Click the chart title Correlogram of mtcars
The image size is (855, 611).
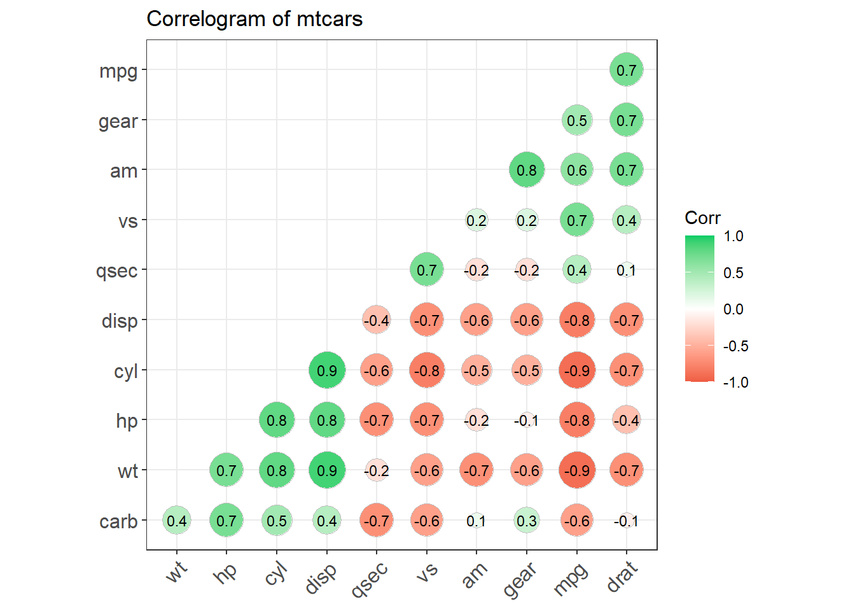click(254, 19)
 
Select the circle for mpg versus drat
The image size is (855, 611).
click(627, 69)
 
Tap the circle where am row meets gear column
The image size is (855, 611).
click(527, 169)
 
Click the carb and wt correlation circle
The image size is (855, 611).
click(177, 520)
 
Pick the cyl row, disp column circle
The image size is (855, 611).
click(327, 370)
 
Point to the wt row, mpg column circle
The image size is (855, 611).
click(577, 470)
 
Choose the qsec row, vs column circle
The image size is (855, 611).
click(427, 270)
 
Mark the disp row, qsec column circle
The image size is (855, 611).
click(377, 320)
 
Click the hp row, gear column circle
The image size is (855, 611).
click(527, 420)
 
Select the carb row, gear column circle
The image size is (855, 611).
click(527, 520)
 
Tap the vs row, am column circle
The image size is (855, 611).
click(476, 220)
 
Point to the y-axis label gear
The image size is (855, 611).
click(118, 122)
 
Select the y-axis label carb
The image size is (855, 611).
click(118, 521)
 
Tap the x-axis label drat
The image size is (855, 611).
click(622, 576)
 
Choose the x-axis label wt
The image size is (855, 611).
click(177, 572)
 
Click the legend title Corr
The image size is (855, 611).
click(702, 218)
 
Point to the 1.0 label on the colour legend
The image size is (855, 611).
click(733, 236)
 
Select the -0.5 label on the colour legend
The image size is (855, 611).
click(735, 346)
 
